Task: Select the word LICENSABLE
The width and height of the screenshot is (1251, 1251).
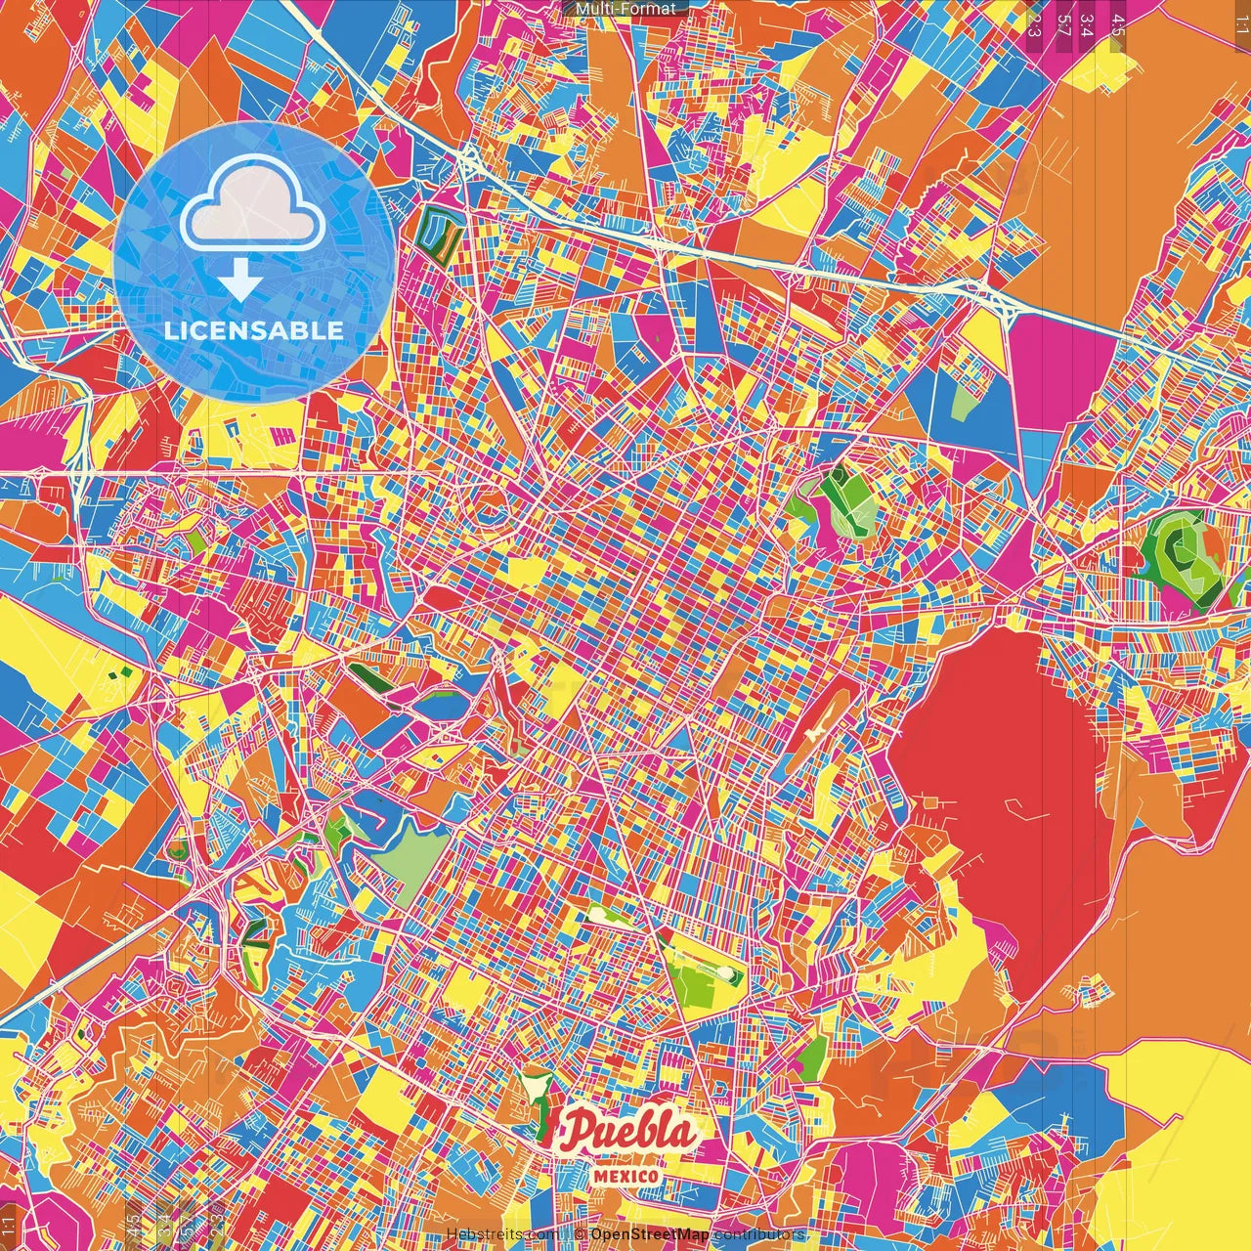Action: tap(254, 330)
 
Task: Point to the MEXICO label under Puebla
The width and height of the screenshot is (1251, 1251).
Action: tap(625, 1175)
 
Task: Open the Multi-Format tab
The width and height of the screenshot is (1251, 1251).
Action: tap(625, 9)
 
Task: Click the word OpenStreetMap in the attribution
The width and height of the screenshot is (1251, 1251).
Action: tap(650, 1234)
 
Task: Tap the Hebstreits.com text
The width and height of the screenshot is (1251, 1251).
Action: tap(503, 1234)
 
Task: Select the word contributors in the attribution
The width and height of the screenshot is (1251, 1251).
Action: tap(759, 1234)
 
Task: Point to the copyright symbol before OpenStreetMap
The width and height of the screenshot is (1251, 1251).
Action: tap(581, 1234)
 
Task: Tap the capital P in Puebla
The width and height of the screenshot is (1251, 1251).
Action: tap(582, 1132)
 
